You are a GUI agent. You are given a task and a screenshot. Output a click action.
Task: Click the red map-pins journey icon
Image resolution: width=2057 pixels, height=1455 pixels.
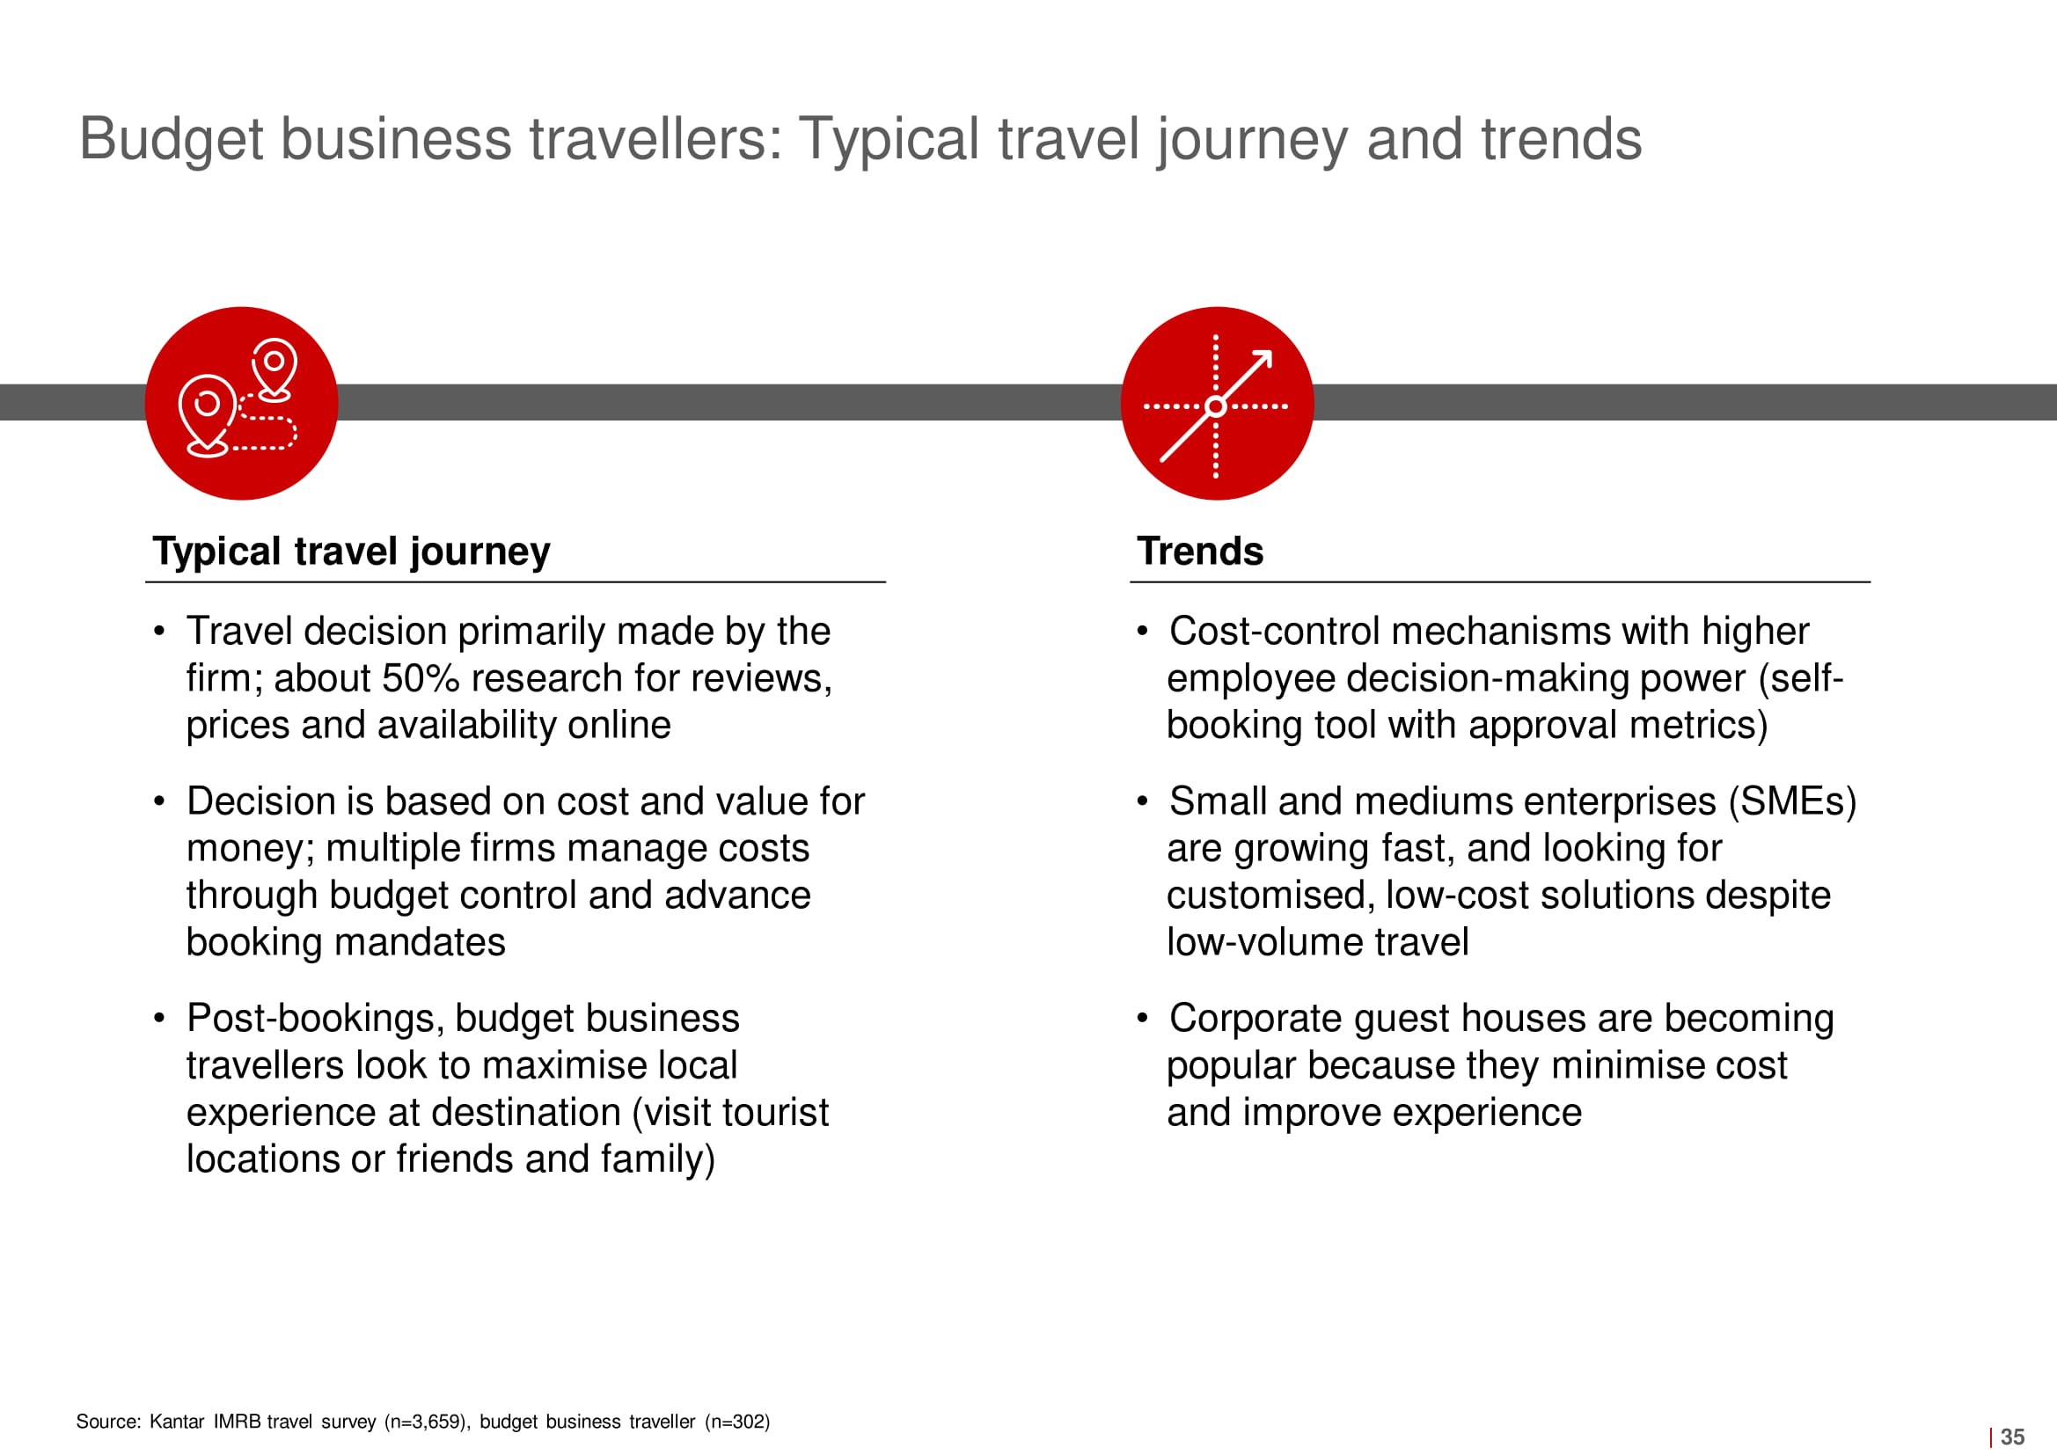[x=241, y=403]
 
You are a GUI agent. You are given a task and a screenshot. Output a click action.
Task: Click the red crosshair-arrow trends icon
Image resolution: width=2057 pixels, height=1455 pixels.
[x=1217, y=403]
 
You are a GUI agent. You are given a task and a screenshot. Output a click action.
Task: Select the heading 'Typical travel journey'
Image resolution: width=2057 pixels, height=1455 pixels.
[x=351, y=552]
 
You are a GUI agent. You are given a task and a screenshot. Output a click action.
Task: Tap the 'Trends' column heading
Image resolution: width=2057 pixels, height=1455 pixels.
[x=1199, y=551]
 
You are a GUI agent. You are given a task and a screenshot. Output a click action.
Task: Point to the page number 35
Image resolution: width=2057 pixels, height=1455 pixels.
[x=2012, y=1437]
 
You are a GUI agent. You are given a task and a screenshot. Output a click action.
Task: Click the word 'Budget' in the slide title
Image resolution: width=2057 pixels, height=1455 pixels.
[x=171, y=141]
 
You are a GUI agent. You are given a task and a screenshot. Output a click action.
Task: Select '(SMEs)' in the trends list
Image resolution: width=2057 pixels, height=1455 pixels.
[x=1792, y=802]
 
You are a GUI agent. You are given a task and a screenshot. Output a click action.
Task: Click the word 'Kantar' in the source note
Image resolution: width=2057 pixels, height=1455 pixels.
[x=177, y=1421]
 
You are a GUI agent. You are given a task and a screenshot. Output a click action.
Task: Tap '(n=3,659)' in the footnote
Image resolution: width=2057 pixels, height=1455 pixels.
[x=428, y=1422]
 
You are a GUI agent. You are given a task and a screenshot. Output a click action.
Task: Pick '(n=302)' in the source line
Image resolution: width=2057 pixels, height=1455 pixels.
[x=736, y=1422]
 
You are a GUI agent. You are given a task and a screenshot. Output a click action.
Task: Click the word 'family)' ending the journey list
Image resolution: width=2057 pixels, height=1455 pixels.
[x=658, y=1159]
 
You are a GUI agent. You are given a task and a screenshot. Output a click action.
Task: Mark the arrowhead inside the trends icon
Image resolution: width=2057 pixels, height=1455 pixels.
[x=1263, y=360]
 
